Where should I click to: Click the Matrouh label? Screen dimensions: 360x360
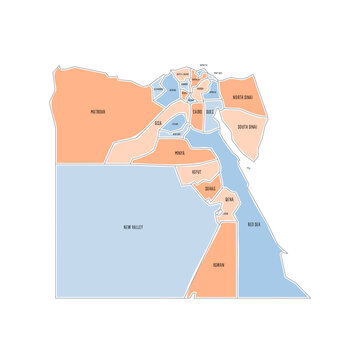pyautogui.click(x=98, y=112)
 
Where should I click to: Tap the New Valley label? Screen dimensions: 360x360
pyautogui.click(x=133, y=227)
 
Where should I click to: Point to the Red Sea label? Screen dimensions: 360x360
pyautogui.click(x=254, y=224)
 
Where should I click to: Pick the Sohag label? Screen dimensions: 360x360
pyautogui.click(x=209, y=187)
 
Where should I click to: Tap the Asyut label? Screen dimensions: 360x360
pyautogui.click(x=197, y=171)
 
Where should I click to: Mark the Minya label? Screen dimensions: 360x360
pyautogui.click(x=179, y=153)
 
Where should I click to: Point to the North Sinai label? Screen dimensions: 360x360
pyautogui.click(x=242, y=97)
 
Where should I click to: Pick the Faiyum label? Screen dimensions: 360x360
pyautogui.click(x=176, y=123)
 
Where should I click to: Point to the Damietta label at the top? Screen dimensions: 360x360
pyautogui.click(x=204, y=64)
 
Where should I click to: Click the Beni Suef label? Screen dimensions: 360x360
pyautogui.click(x=177, y=133)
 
